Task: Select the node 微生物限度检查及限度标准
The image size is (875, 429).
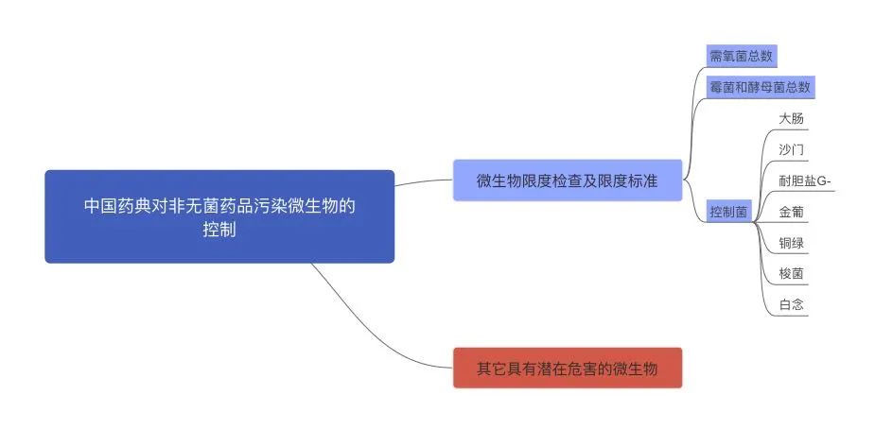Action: (x=567, y=180)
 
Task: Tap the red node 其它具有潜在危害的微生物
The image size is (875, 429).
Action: (x=567, y=368)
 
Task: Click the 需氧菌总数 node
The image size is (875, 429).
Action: (x=741, y=56)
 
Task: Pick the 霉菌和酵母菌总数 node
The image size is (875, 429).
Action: (x=760, y=87)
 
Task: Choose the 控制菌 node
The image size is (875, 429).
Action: (x=728, y=212)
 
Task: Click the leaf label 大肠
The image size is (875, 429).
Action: (x=792, y=119)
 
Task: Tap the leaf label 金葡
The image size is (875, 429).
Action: (x=792, y=212)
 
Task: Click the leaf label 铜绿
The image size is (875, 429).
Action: (x=792, y=243)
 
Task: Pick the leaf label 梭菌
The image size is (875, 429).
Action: (x=792, y=274)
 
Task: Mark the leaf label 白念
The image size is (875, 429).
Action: (x=792, y=305)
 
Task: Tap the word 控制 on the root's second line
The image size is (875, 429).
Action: (x=219, y=230)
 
